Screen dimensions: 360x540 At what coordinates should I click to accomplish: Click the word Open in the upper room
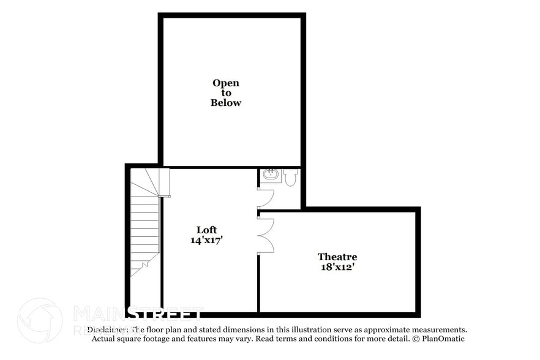click(226, 83)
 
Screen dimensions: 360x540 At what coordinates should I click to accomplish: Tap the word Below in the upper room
click(226, 103)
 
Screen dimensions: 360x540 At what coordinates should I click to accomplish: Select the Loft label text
click(206, 230)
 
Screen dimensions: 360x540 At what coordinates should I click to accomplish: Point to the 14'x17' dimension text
click(206, 241)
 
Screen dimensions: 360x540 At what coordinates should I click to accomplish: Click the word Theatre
click(337, 257)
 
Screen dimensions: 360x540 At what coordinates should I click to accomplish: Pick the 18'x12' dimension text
click(337, 267)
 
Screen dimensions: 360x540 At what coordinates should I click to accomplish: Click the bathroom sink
click(271, 176)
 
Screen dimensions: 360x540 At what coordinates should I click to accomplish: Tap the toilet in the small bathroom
click(290, 177)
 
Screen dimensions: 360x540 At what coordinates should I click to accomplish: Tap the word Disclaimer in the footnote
click(107, 329)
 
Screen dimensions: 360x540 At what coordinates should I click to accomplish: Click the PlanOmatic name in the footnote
click(442, 339)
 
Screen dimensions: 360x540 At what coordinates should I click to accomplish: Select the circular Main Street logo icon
click(40, 320)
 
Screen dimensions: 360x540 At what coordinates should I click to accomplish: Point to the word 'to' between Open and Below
click(226, 93)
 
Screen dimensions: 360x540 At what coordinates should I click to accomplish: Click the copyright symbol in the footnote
click(415, 339)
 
